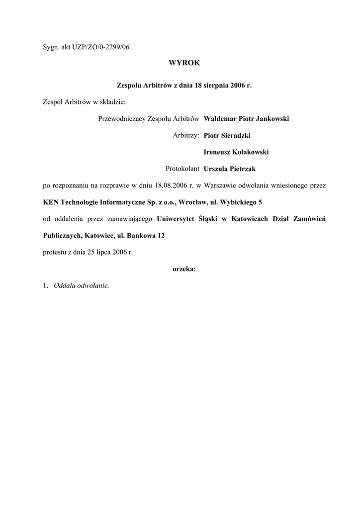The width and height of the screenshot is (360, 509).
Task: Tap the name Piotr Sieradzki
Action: click(226, 135)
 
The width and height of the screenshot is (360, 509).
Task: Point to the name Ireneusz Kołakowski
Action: click(236, 152)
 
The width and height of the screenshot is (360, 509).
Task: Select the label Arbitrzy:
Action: click(186, 135)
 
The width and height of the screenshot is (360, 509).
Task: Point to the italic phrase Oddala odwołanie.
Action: click(82, 286)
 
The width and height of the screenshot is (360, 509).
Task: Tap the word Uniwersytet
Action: click(175, 219)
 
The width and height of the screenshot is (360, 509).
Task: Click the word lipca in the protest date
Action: click(104, 253)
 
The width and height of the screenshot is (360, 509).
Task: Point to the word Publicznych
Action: click(63, 236)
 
